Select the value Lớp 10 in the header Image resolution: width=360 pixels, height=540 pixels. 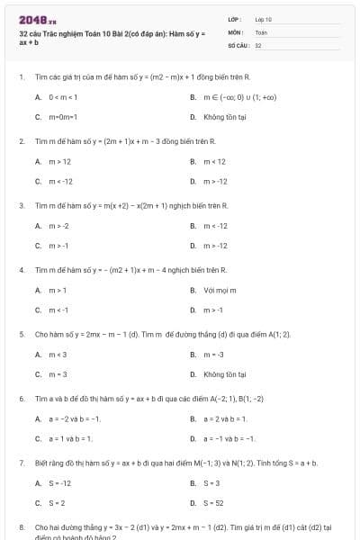pos(263,18)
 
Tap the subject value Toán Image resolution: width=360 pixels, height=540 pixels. pos(261,31)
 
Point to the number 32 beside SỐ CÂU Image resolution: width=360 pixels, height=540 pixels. pos(258,43)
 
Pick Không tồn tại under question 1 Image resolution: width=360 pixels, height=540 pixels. pos(220,117)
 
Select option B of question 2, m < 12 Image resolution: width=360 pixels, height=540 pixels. pos(215,161)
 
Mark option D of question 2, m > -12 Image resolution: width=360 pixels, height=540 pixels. pos(216,182)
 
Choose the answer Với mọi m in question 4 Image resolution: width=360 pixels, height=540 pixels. pos(219,290)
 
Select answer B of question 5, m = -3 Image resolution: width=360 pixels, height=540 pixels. pos(214,354)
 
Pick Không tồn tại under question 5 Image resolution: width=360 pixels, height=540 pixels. pos(220,374)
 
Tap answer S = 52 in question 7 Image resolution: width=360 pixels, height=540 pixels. pos(214,503)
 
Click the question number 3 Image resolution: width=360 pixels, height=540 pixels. pos(21,205)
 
